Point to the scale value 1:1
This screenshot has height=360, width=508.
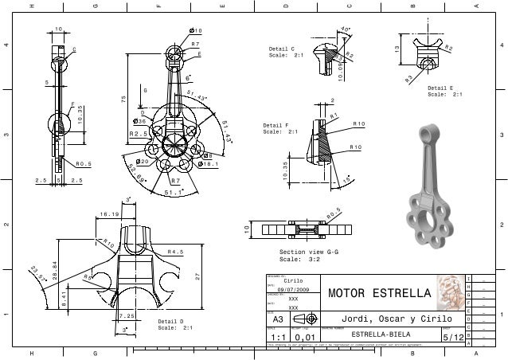pyautogui.click(x=278, y=338)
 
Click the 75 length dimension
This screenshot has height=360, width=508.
pyautogui.click(x=123, y=100)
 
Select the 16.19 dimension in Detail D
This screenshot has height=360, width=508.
pyautogui.click(x=108, y=213)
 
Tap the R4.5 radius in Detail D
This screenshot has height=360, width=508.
pyautogui.click(x=176, y=252)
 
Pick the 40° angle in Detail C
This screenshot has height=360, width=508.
pyautogui.click(x=345, y=29)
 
